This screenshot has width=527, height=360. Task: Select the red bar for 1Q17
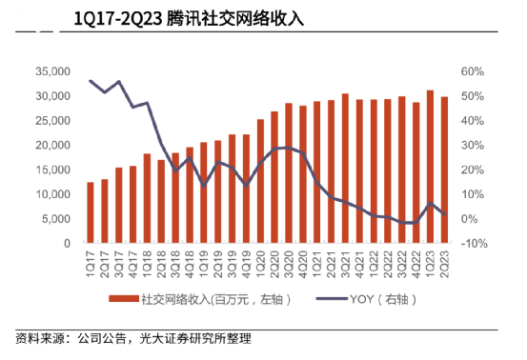pos(91,212)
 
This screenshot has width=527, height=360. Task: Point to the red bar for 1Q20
pos(260,181)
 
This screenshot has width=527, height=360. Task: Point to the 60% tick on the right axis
pos(474,71)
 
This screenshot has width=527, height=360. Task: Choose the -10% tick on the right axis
pos(474,243)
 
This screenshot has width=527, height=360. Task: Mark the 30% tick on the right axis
pos(474,145)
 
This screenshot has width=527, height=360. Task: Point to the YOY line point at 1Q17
pos(91,81)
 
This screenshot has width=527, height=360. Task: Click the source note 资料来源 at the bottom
pos(132,339)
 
